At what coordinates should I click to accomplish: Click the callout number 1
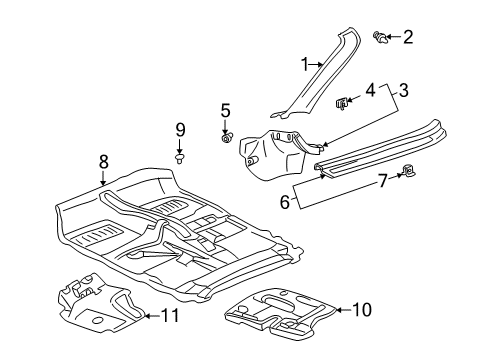(305, 64)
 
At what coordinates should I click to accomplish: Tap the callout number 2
(408, 37)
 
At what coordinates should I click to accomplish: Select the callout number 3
(403, 90)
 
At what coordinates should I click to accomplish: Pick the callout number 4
(370, 90)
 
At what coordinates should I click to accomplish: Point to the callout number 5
(226, 110)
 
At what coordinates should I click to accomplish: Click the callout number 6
(285, 202)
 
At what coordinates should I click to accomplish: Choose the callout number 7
(383, 181)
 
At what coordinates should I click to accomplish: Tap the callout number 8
(104, 162)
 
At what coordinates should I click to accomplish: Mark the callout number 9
(180, 130)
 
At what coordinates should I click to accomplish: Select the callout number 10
(361, 310)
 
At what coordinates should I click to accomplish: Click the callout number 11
(170, 315)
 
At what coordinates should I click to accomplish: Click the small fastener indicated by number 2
(381, 38)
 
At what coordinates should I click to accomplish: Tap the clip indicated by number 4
(342, 103)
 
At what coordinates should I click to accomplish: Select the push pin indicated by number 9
(180, 158)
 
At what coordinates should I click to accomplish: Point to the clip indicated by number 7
(409, 170)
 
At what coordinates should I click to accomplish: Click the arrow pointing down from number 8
(103, 178)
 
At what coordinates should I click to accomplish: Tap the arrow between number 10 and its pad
(343, 310)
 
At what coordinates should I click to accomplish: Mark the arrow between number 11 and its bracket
(152, 315)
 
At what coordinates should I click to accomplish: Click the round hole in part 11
(98, 320)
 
